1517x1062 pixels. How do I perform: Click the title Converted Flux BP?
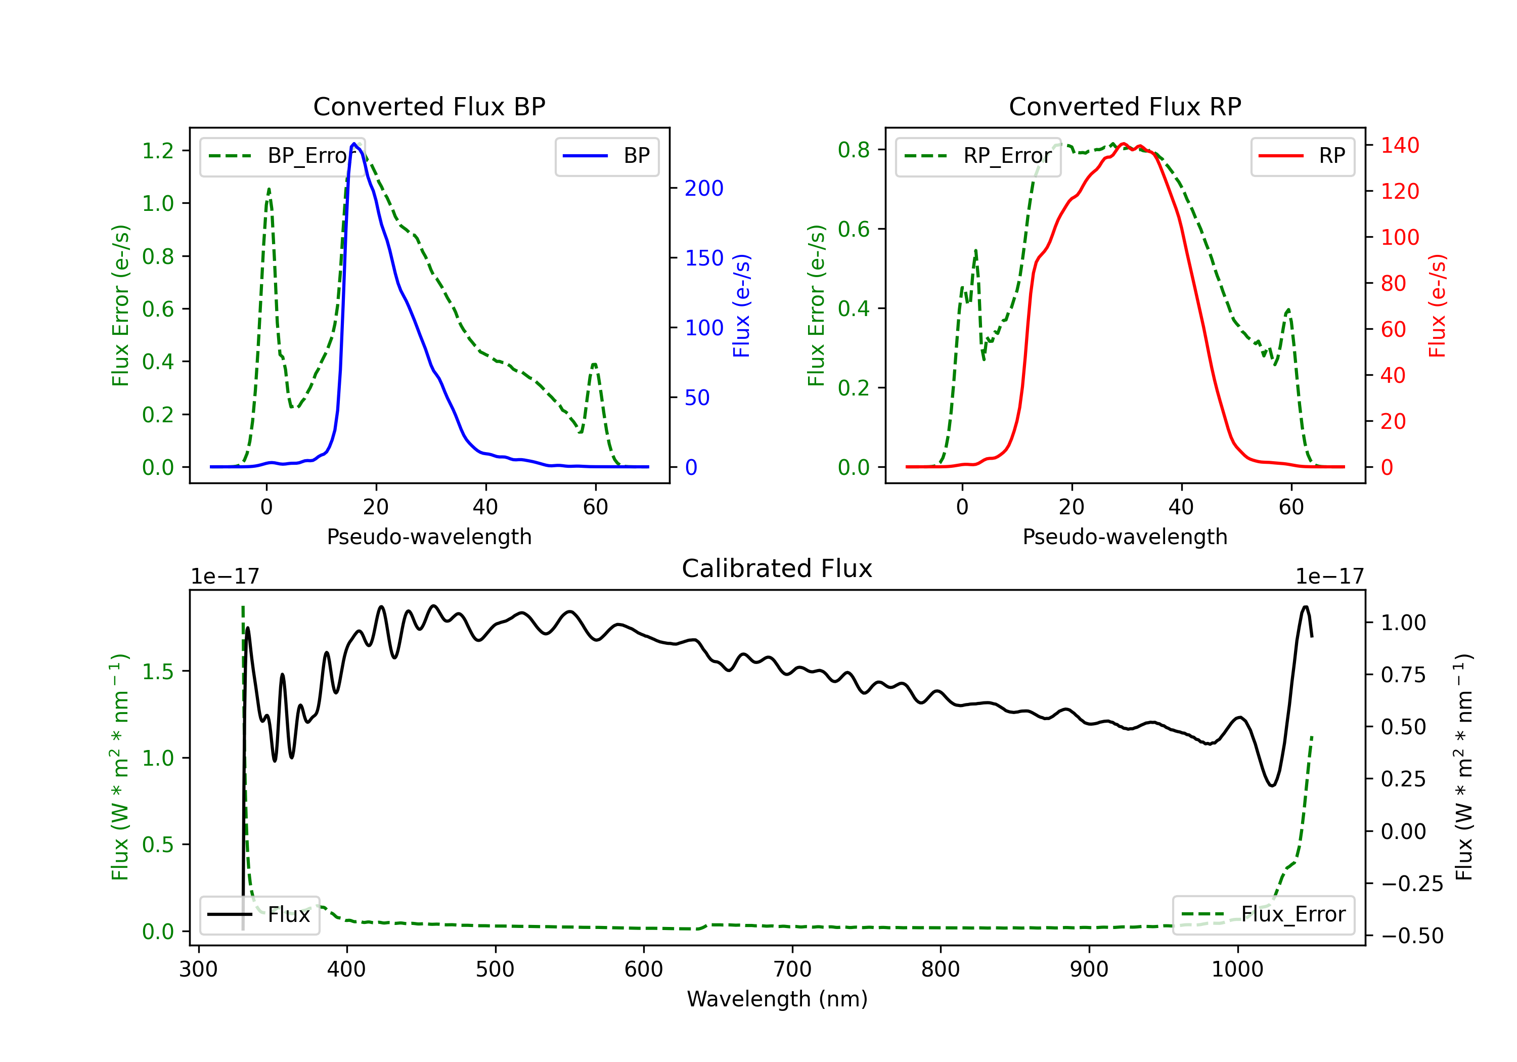tap(429, 106)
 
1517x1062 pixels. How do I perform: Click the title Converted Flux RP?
tap(1125, 106)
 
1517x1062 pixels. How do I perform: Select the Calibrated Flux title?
tap(777, 568)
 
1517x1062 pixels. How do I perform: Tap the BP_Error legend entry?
tap(282, 156)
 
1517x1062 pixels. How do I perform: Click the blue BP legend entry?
tap(606, 156)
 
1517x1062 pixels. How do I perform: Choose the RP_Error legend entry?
tap(978, 156)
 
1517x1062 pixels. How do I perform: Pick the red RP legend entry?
tap(1302, 156)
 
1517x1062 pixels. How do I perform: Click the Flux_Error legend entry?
tap(1263, 915)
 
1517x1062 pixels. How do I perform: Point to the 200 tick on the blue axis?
tap(704, 188)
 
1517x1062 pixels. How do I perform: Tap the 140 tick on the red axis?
tap(1399, 145)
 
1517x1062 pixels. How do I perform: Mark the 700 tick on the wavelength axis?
tap(792, 969)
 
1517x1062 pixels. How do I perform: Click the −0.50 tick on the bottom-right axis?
tap(1412, 936)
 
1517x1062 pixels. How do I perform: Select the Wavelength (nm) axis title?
tap(777, 999)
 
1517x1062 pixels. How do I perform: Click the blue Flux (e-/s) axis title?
tap(741, 305)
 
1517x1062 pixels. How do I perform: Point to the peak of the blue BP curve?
tap(354, 144)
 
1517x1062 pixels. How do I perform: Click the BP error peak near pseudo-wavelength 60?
tap(594, 364)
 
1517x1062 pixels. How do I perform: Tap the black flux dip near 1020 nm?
tap(1271, 785)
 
